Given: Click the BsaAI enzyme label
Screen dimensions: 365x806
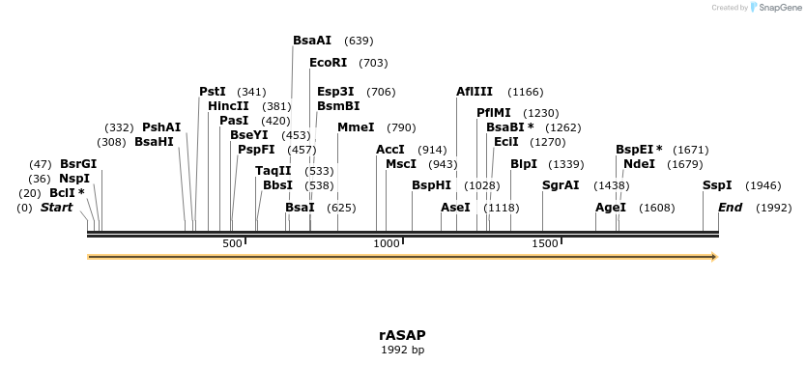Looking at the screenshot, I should [312, 41].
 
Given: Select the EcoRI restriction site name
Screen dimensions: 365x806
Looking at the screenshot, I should [328, 63].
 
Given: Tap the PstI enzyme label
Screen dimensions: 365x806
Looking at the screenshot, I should [213, 92].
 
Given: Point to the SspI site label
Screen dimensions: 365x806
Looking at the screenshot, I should [717, 184].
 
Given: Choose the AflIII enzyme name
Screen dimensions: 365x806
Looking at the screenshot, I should [475, 92].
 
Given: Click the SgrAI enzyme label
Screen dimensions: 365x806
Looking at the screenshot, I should [561, 184].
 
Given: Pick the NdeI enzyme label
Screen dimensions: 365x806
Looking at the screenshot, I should [639, 164].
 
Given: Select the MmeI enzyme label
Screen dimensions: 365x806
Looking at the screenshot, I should [356, 127].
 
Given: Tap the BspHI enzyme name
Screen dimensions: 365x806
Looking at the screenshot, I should [431, 184].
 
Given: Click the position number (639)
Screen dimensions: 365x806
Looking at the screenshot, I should [359, 41].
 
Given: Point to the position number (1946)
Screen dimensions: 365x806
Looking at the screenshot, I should [763, 184].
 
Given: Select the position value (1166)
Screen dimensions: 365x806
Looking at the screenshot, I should [526, 92].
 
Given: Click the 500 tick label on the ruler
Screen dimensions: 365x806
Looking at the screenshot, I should [232, 243].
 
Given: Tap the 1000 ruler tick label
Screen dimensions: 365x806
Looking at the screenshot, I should [387, 243].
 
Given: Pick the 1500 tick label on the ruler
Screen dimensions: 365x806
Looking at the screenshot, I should [545, 243].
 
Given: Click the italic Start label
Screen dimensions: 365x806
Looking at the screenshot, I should [56, 208].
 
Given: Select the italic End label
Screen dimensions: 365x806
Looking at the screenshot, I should [730, 208].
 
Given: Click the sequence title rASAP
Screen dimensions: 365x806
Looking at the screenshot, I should [402, 335].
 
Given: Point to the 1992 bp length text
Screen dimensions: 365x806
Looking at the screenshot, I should [402, 350].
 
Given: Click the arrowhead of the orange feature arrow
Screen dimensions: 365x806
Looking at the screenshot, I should [714, 257].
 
